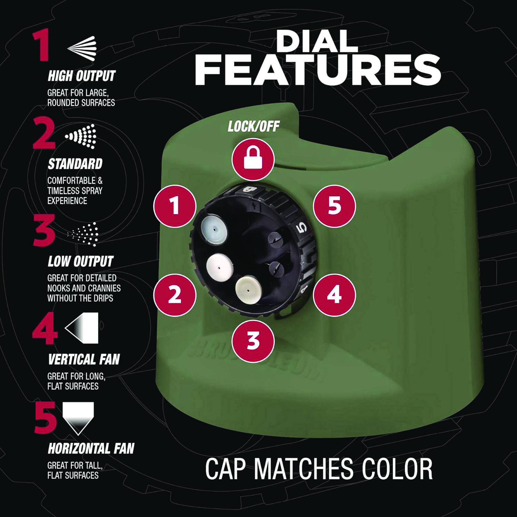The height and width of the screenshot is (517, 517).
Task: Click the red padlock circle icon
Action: pos(253,160)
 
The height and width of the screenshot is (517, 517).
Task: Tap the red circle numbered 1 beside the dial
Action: pos(175,206)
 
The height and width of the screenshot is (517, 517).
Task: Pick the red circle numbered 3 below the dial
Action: pos(253,340)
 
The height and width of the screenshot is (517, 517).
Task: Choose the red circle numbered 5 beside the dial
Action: pos(334,206)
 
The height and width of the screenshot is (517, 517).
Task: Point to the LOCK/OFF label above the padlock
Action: pos(253,127)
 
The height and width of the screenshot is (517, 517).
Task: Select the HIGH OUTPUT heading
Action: pos(81,76)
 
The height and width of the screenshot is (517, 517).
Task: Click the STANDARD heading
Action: pos(75,164)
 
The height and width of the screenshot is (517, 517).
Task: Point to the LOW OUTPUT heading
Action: pos(80,262)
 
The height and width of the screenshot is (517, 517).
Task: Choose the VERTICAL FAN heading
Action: pos(84,359)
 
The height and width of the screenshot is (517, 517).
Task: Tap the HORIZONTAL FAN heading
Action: pos(91,449)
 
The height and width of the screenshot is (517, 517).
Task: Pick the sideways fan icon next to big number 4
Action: pos(82,328)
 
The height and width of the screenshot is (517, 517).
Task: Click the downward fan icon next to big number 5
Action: pos(78,418)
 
